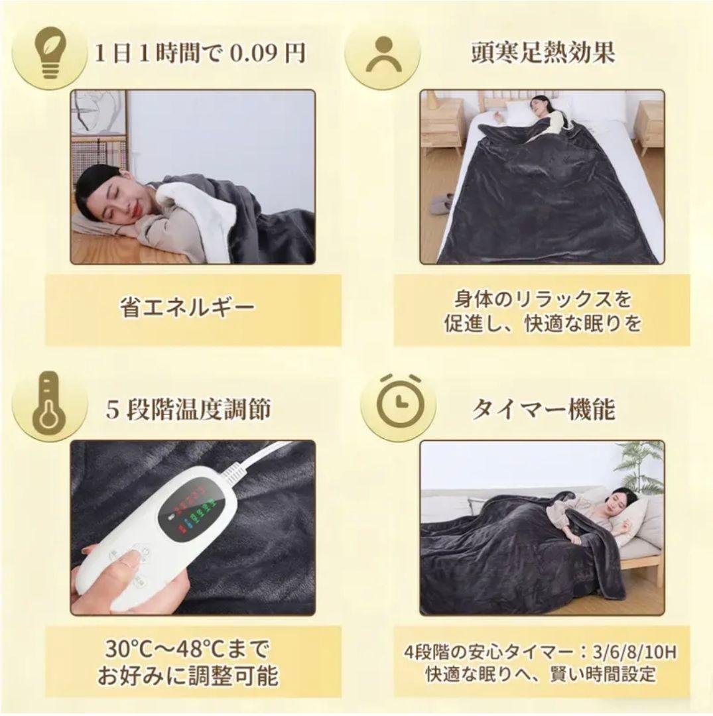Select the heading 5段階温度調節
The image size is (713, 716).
point(188,409)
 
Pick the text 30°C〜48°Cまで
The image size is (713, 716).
point(188,648)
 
